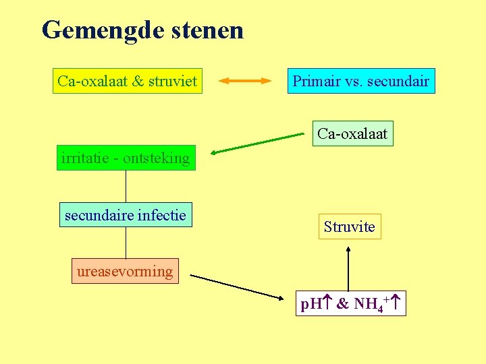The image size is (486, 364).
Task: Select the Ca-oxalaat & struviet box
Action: pyautogui.click(x=128, y=82)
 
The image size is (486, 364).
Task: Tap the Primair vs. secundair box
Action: pyautogui.click(x=360, y=82)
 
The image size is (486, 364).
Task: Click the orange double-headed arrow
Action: pyautogui.click(x=244, y=82)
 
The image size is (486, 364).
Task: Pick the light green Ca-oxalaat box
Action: pyautogui.click(x=352, y=133)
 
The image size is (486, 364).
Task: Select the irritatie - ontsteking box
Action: pyautogui.click(x=126, y=158)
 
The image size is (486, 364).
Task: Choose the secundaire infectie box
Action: pyautogui.click(x=126, y=216)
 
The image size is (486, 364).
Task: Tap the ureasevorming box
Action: pyautogui.click(x=125, y=271)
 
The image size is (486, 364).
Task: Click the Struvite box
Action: pyautogui.click(x=349, y=226)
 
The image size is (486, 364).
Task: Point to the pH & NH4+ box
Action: pyautogui.click(x=351, y=304)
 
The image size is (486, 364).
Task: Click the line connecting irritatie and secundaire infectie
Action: pyautogui.click(x=126, y=186)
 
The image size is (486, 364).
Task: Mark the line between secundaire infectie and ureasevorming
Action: pyautogui.click(x=126, y=243)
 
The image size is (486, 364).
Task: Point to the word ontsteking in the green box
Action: pyautogui.click(x=157, y=158)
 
